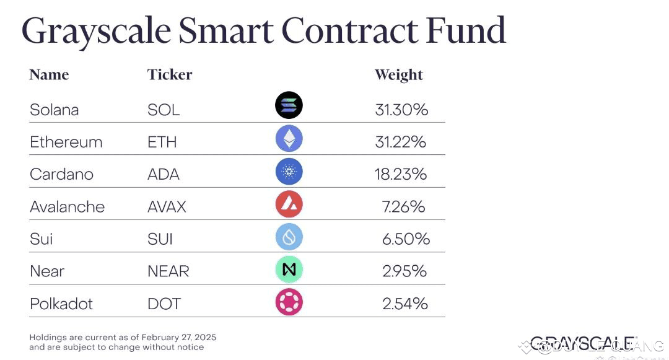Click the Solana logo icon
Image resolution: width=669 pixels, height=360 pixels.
point(289,105)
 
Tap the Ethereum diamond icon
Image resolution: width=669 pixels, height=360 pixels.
point(289,139)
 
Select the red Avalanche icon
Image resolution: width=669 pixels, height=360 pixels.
point(289,204)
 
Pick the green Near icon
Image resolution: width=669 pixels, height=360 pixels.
point(289,269)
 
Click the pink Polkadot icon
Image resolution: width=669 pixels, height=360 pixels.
point(289,302)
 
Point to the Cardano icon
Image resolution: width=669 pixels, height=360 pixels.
point(289,172)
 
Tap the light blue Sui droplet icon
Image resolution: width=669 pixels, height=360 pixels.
point(289,236)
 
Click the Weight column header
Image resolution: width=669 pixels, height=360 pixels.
point(398,75)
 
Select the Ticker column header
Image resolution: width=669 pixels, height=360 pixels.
point(170,75)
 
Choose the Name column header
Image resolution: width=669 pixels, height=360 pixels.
point(49,75)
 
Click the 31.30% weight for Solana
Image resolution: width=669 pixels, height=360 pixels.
point(401,110)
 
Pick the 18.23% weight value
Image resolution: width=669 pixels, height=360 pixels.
point(401,174)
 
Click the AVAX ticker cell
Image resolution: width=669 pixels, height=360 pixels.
point(167,206)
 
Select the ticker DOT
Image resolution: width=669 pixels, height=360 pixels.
point(164,304)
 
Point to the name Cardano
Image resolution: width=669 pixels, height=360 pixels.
point(61,174)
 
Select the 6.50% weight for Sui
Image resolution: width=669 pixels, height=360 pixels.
point(406,239)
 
